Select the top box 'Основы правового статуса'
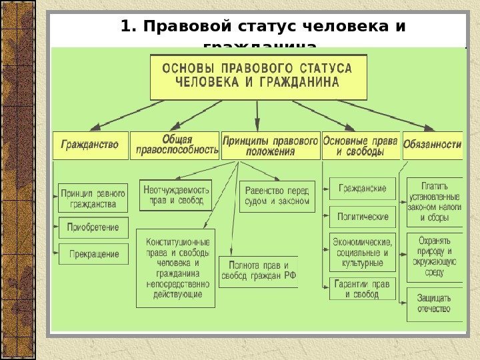tap(257, 75)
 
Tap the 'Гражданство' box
tap(90, 144)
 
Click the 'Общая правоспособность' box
tap(175, 145)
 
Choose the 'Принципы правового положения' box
tap(269, 145)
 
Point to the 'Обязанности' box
tap(433, 144)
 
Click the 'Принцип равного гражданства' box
tap(93, 198)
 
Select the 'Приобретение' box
tap(93, 227)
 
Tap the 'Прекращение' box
tap(93, 254)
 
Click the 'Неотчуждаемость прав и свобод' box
tap(176, 195)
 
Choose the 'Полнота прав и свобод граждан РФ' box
tap(258, 271)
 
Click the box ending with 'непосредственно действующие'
tap(176, 268)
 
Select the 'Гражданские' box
tap(362, 189)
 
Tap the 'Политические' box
tap(362, 217)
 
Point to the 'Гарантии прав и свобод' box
tap(362, 289)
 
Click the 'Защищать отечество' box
tap(435, 303)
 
